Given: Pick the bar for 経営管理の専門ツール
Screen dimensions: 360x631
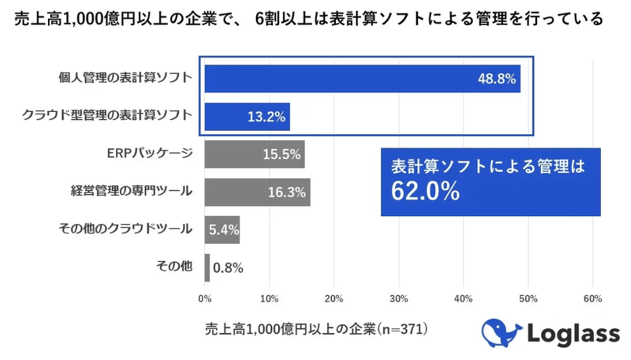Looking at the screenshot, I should (x=237, y=192).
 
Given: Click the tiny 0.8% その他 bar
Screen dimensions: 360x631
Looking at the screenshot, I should (x=207, y=267).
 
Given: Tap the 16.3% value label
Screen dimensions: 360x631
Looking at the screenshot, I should (x=287, y=192).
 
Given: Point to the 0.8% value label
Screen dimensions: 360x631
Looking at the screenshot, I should (x=228, y=268).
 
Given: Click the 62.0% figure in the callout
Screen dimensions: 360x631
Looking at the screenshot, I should (x=425, y=191).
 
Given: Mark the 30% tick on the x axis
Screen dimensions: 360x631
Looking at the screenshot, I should (x=399, y=299).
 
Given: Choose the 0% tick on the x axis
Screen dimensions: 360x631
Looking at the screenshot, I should (x=205, y=299).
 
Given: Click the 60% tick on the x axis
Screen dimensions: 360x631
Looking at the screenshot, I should (x=593, y=299).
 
